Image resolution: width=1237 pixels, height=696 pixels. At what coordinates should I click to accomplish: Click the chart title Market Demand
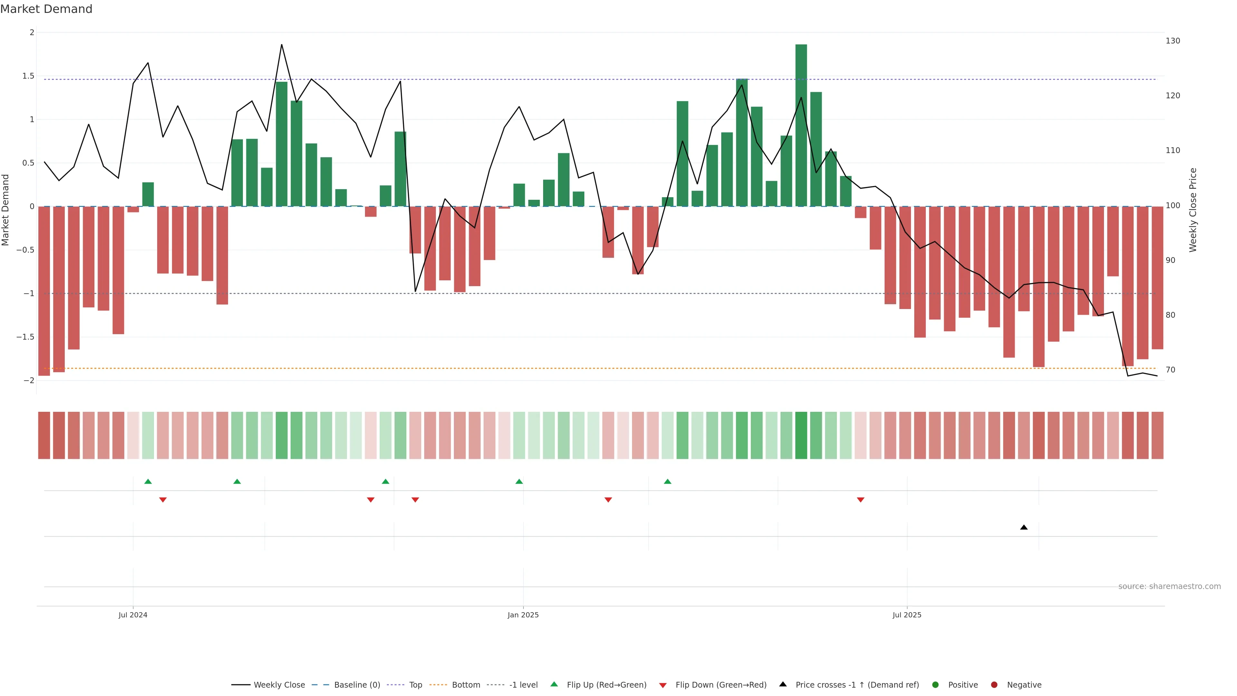point(46,9)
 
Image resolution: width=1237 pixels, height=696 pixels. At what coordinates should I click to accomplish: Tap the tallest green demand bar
point(801,125)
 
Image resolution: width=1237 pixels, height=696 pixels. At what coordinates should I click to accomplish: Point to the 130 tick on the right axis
point(1172,41)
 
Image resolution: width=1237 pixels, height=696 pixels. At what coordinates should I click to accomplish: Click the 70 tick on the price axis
point(1170,370)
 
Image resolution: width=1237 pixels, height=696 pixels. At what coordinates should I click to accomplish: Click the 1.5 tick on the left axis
point(28,76)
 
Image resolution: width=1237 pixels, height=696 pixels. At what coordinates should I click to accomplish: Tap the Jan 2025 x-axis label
point(523,615)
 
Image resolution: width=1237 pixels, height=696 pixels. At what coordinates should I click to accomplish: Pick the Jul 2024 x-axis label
point(133,615)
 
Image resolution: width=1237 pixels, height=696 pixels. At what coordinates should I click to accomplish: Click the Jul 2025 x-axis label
point(906,615)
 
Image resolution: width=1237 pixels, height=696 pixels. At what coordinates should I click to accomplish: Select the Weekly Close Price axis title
point(1193,210)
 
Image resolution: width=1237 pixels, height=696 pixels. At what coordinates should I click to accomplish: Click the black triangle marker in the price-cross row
point(1024,527)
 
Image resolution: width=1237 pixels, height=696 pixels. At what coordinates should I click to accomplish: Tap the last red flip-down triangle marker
point(860,500)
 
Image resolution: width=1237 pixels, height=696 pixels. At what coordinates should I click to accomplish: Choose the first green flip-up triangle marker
point(148,481)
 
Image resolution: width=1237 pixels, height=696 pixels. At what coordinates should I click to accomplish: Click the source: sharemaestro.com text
point(1169,586)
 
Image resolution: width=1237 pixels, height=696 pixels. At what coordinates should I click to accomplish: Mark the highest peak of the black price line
point(282,45)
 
